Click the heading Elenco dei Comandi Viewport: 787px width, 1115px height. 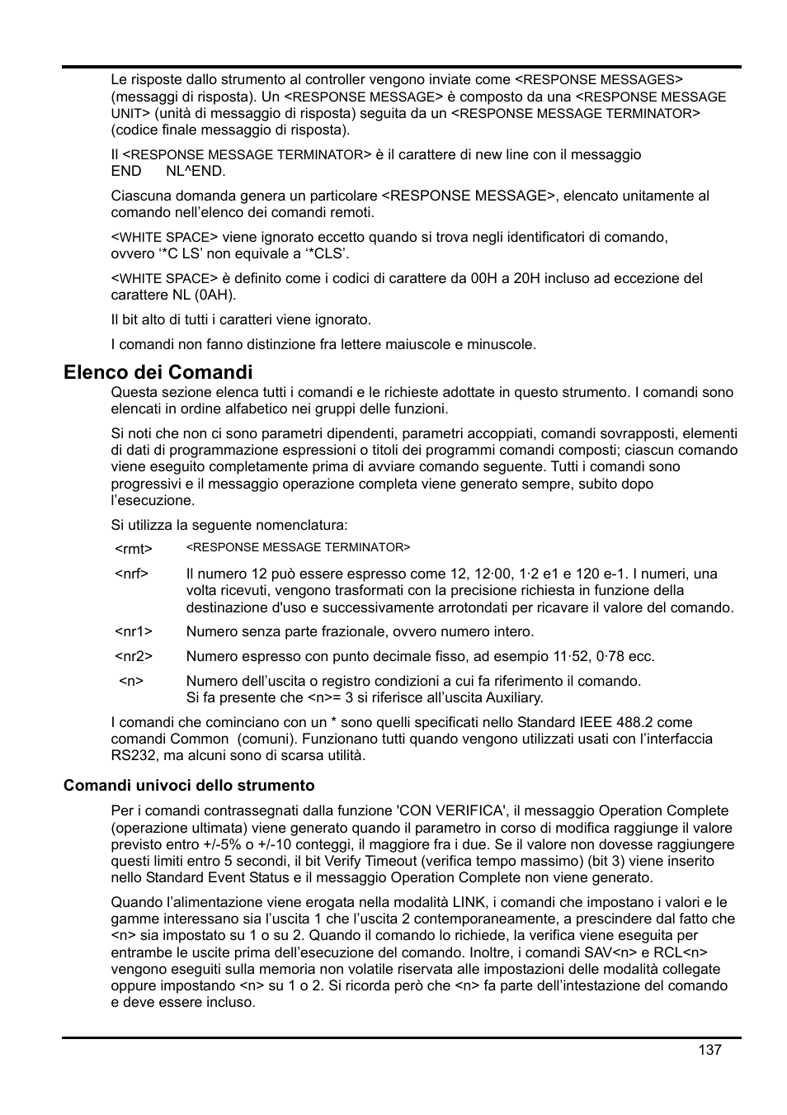(x=158, y=372)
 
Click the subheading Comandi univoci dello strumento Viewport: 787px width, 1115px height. (x=189, y=785)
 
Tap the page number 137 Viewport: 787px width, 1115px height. (x=709, y=1050)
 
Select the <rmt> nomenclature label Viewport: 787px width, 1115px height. (x=133, y=549)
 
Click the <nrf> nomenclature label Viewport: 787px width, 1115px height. (x=131, y=574)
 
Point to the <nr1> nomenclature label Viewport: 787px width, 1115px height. (x=133, y=631)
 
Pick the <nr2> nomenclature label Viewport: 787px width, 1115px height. (x=133, y=656)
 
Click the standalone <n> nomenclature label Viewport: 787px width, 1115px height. (x=131, y=681)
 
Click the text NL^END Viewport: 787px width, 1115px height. (x=196, y=171)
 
